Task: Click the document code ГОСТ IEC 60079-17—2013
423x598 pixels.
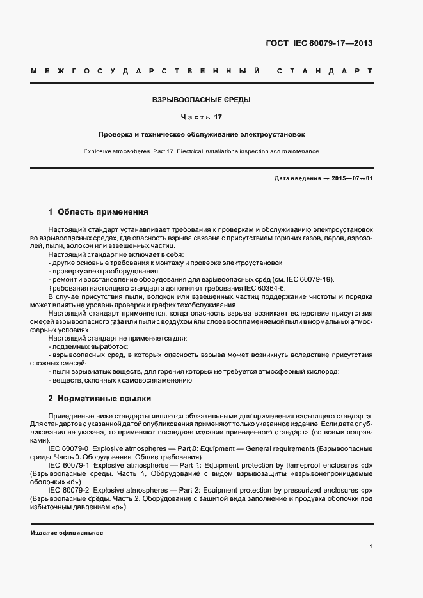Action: pyautogui.click(x=319, y=43)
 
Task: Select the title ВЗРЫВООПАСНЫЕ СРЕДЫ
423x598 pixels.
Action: pyautogui.click(x=201, y=100)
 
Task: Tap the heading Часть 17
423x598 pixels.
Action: pyautogui.click(x=201, y=118)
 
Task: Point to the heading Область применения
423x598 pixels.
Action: pyautogui.click(x=102, y=211)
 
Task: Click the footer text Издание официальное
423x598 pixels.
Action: pyautogui.click(x=67, y=533)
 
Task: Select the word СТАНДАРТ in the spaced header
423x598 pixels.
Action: pyautogui.click(x=324, y=70)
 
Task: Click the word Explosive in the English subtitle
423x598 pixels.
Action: pyautogui.click(x=99, y=151)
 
